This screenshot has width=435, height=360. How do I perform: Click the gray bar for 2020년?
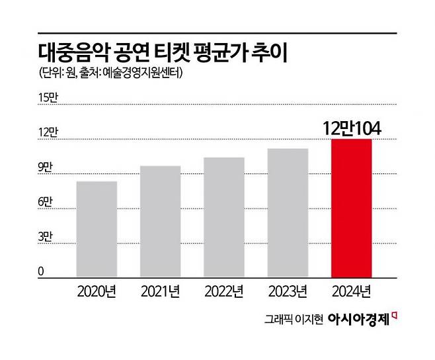click(x=97, y=228)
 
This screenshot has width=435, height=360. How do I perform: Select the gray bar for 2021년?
click(x=160, y=221)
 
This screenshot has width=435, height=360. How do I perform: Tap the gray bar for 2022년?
click(x=223, y=217)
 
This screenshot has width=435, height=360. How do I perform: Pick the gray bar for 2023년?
click(x=288, y=212)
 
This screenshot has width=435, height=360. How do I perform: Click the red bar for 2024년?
click(x=351, y=208)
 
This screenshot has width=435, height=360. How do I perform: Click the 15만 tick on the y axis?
click(x=49, y=99)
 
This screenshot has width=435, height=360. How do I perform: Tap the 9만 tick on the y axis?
click(x=46, y=168)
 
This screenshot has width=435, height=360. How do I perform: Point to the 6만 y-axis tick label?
click(x=46, y=202)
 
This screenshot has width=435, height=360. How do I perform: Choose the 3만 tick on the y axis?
click(x=46, y=237)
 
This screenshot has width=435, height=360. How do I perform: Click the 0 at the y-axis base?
click(x=41, y=271)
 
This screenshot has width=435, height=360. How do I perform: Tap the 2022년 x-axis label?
click(x=224, y=291)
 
